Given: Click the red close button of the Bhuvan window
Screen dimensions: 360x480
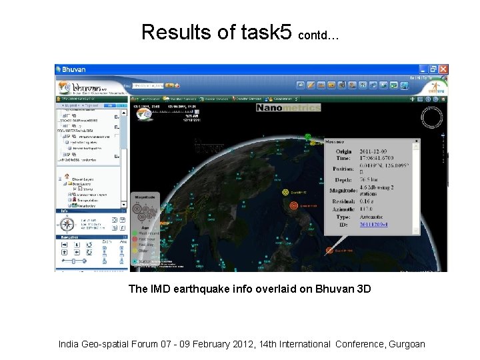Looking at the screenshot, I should [443, 69].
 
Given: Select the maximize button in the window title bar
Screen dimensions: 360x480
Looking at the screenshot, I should [433, 69].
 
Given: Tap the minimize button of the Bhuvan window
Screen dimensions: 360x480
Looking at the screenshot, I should [423, 69].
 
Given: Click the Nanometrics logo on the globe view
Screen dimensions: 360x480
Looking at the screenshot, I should [288, 107].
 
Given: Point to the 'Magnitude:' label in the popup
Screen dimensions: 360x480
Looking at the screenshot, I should [343, 191].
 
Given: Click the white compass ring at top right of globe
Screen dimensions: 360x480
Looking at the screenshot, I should [432, 118].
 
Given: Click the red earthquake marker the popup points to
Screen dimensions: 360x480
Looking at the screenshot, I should [329, 251].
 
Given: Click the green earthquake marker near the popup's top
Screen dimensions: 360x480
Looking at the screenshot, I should [308, 137].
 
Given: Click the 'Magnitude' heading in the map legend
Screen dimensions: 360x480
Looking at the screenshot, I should [146, 197].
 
